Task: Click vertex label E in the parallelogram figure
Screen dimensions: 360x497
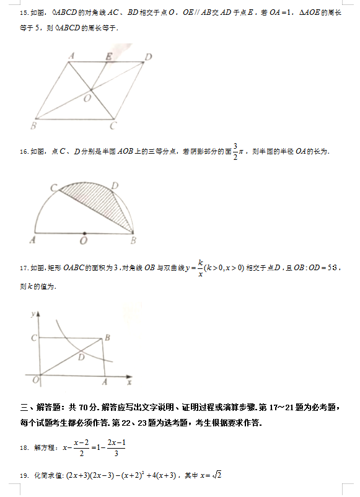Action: pyautogui.click(x=109, y=56)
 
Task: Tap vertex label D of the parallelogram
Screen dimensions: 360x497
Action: pyautogui.click(x=149, y=57)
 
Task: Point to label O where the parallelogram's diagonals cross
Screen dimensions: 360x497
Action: pyautogui.click(x=88, y=97)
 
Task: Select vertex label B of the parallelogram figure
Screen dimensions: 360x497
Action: pyautogui.click(x=33, y=126)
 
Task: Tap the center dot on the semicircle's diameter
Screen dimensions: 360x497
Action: pyautogui.click(x=84, y=234)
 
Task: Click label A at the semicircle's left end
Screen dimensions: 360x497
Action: pyautogui.click(x=33, y=240)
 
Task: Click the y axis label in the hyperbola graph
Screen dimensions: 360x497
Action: pyautogui.click(x=32, y=315)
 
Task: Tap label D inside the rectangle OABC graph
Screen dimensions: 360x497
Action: pyautogui.click(x=81, y=356)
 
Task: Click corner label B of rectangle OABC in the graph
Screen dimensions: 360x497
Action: pyautogui.click(x=108, y=337)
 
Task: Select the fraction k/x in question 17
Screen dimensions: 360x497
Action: pyautogui.click(x=201, y=268)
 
